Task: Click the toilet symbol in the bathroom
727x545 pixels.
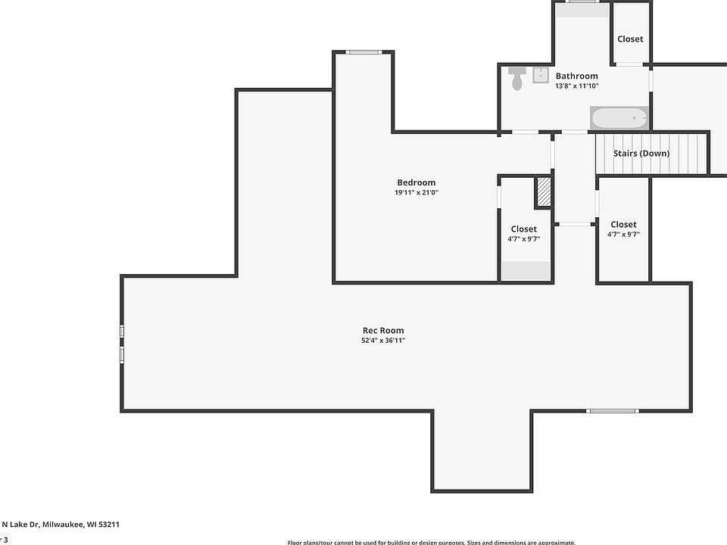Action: point(517,78)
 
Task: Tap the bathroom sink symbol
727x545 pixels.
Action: point(541,75)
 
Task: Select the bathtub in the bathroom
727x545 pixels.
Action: point(619,118)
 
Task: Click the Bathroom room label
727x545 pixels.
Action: point(576,76)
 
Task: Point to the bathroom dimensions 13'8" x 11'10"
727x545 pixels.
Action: point(576,86)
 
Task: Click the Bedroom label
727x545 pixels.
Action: point(416,182)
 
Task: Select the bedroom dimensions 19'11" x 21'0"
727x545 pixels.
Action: point(416,193)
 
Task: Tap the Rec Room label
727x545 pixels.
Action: point(382,330)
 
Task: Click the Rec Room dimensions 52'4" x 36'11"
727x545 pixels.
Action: point(382,341)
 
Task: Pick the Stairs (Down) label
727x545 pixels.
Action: point(641,153)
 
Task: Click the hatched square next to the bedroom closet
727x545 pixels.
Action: point(543,192)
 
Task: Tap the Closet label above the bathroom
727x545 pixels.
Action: point(630,39)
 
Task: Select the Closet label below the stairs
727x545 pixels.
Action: point(623,224)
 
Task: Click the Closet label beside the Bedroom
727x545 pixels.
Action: point(523,229)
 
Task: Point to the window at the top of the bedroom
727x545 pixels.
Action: point(364,52)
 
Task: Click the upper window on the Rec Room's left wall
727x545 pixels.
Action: point(122,332)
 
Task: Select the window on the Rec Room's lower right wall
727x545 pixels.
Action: point(613,411)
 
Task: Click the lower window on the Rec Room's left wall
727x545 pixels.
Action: point(122,354)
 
